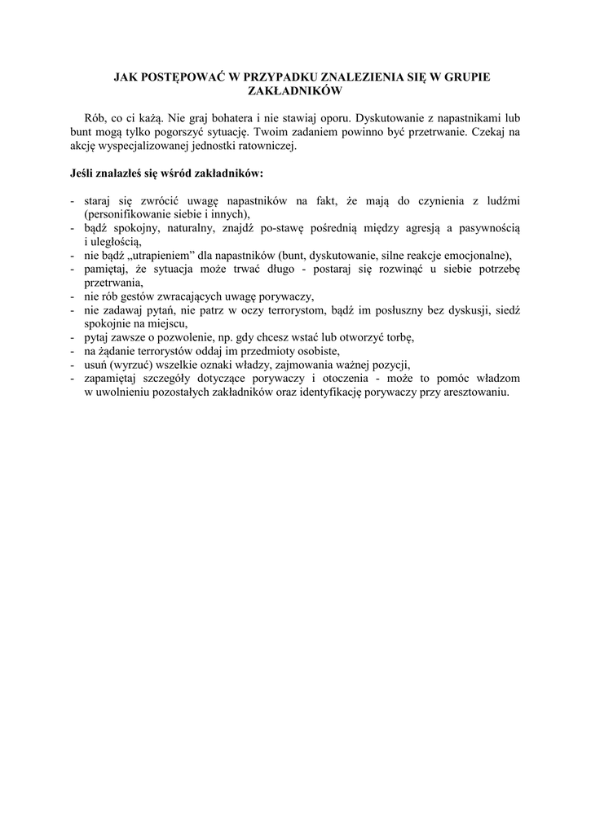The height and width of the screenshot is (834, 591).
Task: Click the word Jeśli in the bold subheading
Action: click(83, 173)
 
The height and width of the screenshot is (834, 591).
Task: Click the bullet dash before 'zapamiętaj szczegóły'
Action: click(73, 378)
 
